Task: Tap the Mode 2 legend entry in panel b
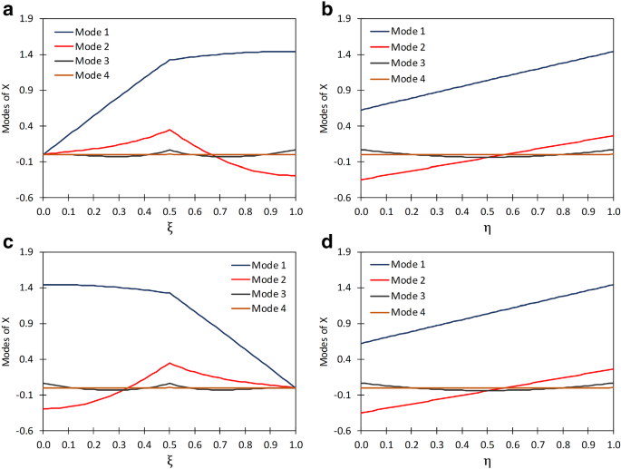pyautogui.click(x=405, y=47)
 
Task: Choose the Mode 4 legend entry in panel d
pyautogui.click(x=405, y=311)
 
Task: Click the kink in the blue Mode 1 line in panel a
pyautogui.click(x=170, y=61)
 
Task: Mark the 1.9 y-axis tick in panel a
pyautogui.click(x=27, y=19)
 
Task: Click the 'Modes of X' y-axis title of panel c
pyautogui.click(x=7, y=341)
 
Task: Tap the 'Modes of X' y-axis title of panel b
pyautogui.click(x=325, y=108)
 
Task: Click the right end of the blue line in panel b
pyautogui.click(x=613, y=52)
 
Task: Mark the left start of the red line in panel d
pyautogui.click(x=361, y=414)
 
